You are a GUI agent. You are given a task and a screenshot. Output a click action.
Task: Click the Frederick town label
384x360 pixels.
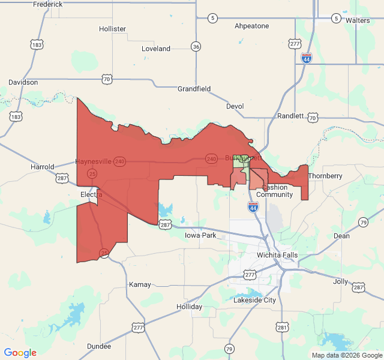pyautogui.click(x=48, y=4)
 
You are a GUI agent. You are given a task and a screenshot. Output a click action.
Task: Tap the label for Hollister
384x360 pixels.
pyautogui.click(x=112, y=29)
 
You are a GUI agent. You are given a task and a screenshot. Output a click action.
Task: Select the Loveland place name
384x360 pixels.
pyautogui.click(x=156, y=49)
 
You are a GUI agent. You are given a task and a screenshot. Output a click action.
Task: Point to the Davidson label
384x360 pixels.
pyautogui.click(x=23, y=82)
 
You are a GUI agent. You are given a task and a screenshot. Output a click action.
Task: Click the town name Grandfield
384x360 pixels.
pyautogui.click(x=194, y=89)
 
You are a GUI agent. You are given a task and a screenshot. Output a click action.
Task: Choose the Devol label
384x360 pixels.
pyautogui.click(x=235, y=106)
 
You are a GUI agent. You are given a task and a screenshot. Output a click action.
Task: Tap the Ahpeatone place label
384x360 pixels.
pyautogui.click(x=251, y=26)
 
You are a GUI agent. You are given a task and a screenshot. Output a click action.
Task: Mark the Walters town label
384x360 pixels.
pyautogui.click(x=358, y=20)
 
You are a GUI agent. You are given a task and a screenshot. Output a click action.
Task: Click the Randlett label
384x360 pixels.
pyautogui.click(x=290, y=116)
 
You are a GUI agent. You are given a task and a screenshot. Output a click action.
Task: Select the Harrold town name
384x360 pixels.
pyautogui.click(x=43, y=167)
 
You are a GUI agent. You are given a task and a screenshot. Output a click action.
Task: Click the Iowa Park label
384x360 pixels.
pyautogui.click(x=200, y=235)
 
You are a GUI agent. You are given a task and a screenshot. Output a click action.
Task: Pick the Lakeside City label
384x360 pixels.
pyautogui.click(x=254, y=299)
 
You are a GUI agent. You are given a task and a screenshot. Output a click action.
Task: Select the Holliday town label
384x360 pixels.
pyautogui.click(x=189, y=307)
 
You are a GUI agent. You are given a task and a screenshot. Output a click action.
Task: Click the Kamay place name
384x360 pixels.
pyautogui.click(x=139, y=284)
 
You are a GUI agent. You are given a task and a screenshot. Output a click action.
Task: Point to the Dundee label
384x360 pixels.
pyautogui.click(x=98, y=346)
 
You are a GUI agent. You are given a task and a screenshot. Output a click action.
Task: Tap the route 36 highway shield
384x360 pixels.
pyautogui.click(x=196, y=47)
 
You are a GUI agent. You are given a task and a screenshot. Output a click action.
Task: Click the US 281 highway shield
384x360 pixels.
pyautogui.click(x=282, y=327)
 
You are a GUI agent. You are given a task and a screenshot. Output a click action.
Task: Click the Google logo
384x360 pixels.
pyautogui.click(x=20, y=353)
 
